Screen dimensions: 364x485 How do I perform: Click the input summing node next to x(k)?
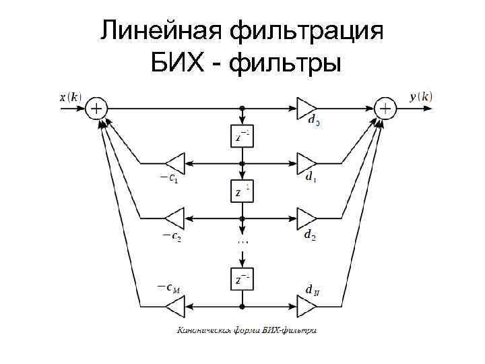coord(97,108)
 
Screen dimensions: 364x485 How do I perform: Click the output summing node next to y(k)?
coord(385,108)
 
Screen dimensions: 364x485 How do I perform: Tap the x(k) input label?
coord(70,97)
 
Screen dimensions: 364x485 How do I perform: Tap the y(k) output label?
coord(421,97)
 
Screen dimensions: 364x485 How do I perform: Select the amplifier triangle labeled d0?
coord(306,108)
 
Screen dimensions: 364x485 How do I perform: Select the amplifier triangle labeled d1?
coord(306,163)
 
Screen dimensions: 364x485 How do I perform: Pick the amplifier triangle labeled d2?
coord(306,218)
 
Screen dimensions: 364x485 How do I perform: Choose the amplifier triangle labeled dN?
coord(306,307)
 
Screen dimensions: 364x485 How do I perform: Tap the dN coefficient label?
coord(311,291)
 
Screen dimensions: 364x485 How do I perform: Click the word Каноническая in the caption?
coord(202,330)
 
